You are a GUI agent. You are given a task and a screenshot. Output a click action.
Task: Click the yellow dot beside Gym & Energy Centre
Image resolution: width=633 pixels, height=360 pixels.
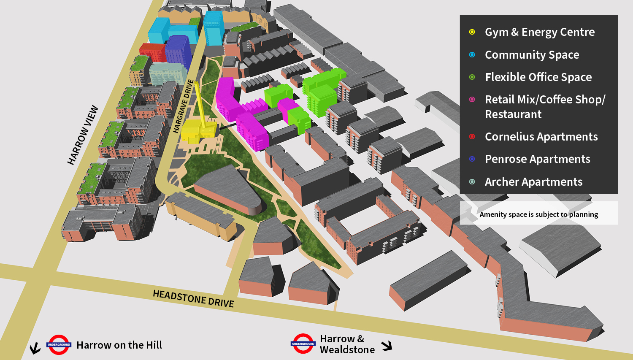tap(472, 32)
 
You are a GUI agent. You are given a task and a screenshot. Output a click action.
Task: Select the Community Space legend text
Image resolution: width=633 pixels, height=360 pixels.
tap(532, 55)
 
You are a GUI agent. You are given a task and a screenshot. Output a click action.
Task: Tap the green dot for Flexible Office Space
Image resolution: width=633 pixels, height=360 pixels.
tap(472, 77)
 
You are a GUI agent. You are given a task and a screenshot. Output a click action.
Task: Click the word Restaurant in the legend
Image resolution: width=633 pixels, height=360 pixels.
tap(513, 114)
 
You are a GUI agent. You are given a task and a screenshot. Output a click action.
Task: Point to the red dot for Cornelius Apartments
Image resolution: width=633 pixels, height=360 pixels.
tap(472, 137)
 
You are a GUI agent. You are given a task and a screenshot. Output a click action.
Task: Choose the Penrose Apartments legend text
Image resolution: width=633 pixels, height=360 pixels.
tap(537, 159)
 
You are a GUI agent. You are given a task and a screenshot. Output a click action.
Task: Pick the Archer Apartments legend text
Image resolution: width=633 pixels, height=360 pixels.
tap(533, 182)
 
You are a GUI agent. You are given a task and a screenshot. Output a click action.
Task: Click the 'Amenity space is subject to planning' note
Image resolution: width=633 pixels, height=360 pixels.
tap(538, 214)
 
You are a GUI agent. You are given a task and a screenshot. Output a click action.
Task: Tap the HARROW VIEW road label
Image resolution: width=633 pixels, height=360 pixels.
tap(83, 135)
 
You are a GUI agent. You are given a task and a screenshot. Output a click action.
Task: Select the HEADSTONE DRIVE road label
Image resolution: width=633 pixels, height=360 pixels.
tap(193, 298)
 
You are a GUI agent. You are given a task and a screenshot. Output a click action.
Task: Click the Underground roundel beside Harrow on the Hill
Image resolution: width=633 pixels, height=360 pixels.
tap(59, 345)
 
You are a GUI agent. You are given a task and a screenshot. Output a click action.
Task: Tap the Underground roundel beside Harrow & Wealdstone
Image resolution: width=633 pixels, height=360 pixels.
tap(303, 344)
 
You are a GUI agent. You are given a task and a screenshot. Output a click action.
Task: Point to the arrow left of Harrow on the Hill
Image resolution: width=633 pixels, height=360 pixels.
tap(35, 348)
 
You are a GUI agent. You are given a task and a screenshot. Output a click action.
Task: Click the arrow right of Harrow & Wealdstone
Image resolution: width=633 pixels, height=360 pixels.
tap(387, 346)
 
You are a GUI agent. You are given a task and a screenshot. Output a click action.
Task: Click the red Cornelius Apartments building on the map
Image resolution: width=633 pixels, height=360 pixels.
tap(152, 52)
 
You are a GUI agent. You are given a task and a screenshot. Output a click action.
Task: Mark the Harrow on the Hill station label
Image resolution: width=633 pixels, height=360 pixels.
tap(119, 345)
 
